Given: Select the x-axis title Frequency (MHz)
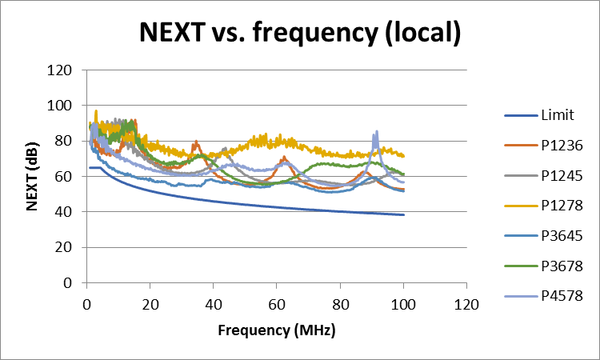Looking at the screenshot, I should pyautogui.click(x=276, y=330).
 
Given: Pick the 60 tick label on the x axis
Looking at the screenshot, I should pyautogui.click(x=276, y=304).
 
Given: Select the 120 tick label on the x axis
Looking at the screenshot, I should pyautogui.click(x=466, y=304).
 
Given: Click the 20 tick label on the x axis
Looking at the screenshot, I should pyautogui.click(x=150, y=304).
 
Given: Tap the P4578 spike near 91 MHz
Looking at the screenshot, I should pyautogui.click(x=375, y=132).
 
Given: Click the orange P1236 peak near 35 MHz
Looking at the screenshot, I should pyautogui.click(x=196, y=142).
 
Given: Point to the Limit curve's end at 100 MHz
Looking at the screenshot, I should pyautogui.click(x=403, y=214).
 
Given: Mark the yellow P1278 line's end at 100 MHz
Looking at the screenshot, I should pyautogui.click(x=403, y=156).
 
